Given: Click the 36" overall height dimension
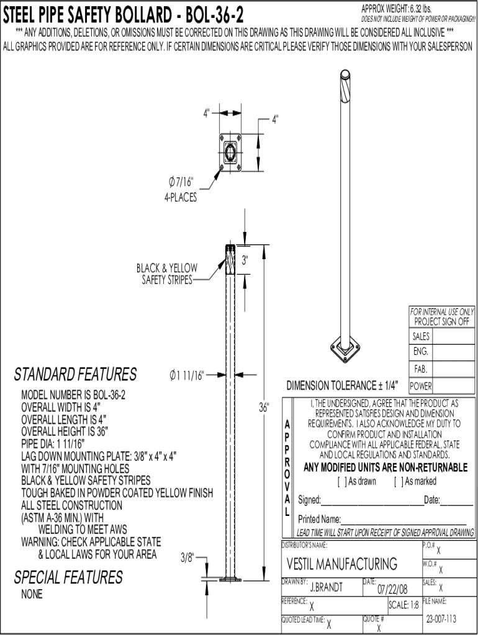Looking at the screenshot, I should pos(264,407).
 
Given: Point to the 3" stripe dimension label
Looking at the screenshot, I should pos(245,260).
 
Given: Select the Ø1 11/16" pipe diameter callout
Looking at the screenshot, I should pos(187,375).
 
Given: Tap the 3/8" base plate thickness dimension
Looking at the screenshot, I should pos(188,557).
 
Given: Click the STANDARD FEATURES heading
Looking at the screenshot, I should pos(75,375).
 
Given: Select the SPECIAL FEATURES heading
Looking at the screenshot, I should pos(68,578).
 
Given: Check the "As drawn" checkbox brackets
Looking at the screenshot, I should pos(341,481).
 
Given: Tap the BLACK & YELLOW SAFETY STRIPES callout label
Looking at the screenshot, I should pos(167,273).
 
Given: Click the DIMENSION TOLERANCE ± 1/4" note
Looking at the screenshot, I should pos(343,385).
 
